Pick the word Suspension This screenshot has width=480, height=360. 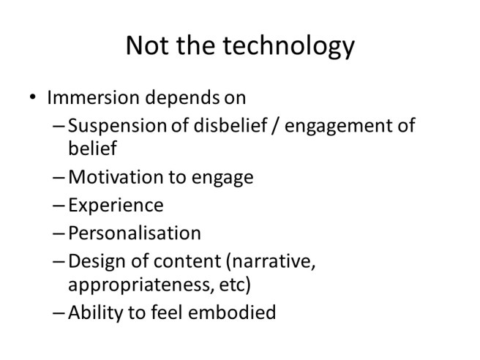116,126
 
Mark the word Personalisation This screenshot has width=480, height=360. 134,233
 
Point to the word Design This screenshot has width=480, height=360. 92,260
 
